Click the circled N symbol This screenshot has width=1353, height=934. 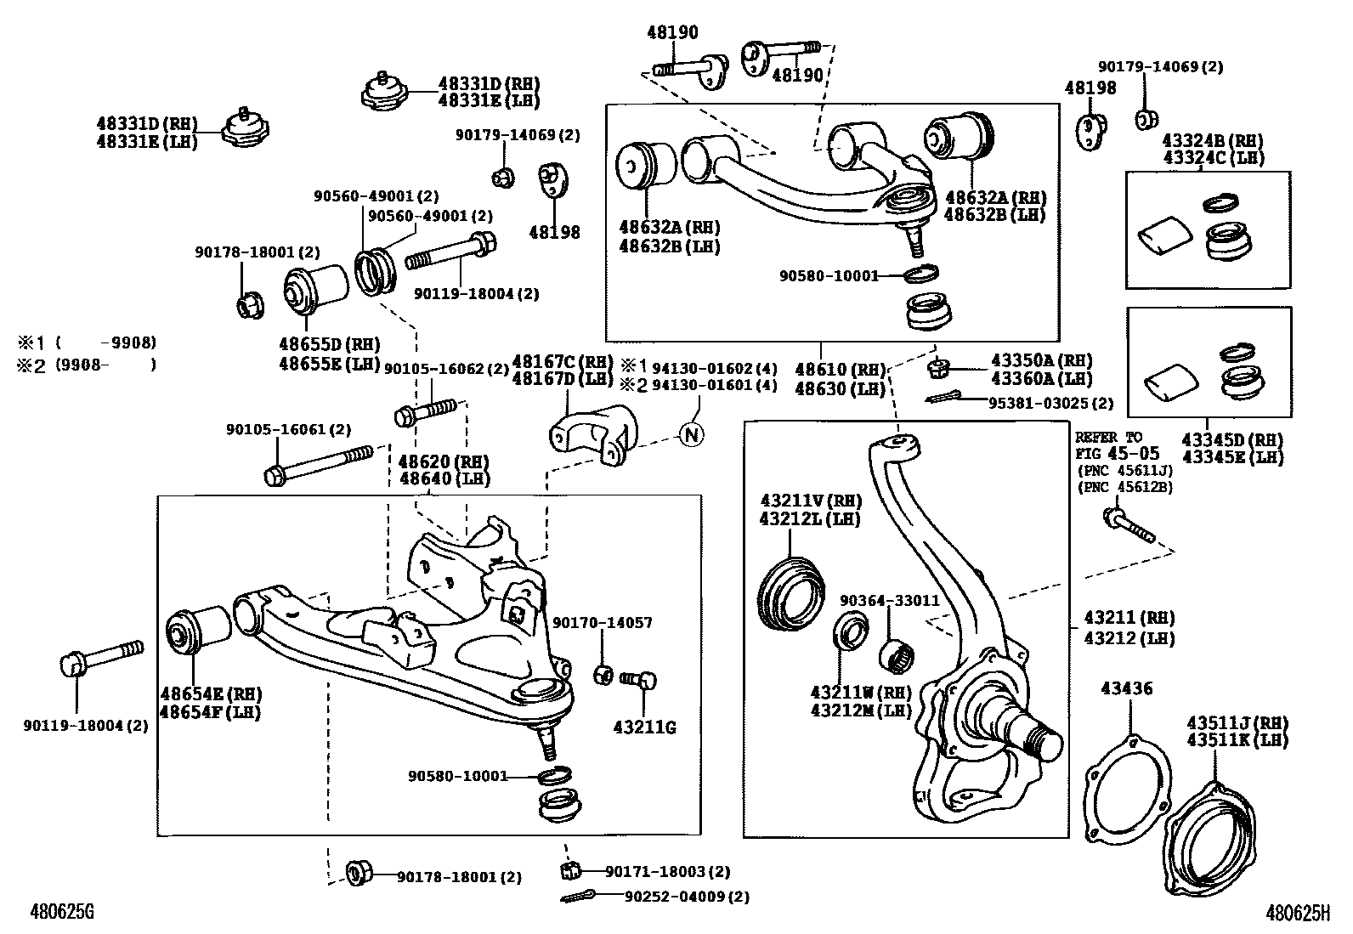click(692, 434)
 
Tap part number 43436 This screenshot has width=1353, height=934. click(1126, 688)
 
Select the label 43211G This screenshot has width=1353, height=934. click(644, 727)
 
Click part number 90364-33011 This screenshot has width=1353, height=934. click(890, 601)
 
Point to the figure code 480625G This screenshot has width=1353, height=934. click(62, 912)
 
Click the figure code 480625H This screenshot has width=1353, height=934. click(1298, 913)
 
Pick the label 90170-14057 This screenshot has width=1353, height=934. click(603, 622)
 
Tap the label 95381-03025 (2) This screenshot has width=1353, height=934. click(1050, 403)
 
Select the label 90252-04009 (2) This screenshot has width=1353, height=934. click(687, 897)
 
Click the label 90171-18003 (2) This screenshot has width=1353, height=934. click(667, 872)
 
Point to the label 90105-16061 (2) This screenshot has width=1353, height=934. click(289, 429)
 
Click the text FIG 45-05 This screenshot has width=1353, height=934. click(1118, 453)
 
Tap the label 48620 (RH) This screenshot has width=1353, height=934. click(444, 461)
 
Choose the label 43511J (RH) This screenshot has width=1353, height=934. click(1237, 723)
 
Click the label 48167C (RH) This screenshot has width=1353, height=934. click(563, 362)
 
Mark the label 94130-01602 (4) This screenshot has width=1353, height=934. click(715, 369)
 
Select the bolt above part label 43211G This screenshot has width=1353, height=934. click(638, 680)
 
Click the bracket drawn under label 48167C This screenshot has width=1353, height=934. click(594, 433)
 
